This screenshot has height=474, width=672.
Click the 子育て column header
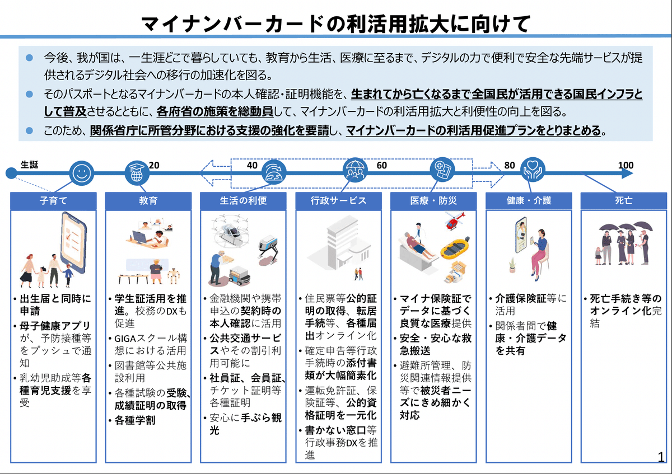53,200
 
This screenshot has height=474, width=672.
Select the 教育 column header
148,200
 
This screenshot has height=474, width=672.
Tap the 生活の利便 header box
243,200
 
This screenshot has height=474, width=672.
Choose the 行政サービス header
338,200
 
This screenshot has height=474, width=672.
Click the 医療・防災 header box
433,200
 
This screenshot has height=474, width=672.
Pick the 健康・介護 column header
529,200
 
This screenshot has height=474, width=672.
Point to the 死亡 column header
623,200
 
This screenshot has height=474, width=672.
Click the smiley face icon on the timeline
82,172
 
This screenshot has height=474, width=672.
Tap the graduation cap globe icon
137,172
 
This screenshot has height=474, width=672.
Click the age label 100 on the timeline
626,165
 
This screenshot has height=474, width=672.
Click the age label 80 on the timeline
509,165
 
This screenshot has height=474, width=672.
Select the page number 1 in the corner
661,457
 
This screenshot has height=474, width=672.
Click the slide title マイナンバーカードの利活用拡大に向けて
335,23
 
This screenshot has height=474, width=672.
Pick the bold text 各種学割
135,420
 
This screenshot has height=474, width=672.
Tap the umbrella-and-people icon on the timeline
354,170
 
